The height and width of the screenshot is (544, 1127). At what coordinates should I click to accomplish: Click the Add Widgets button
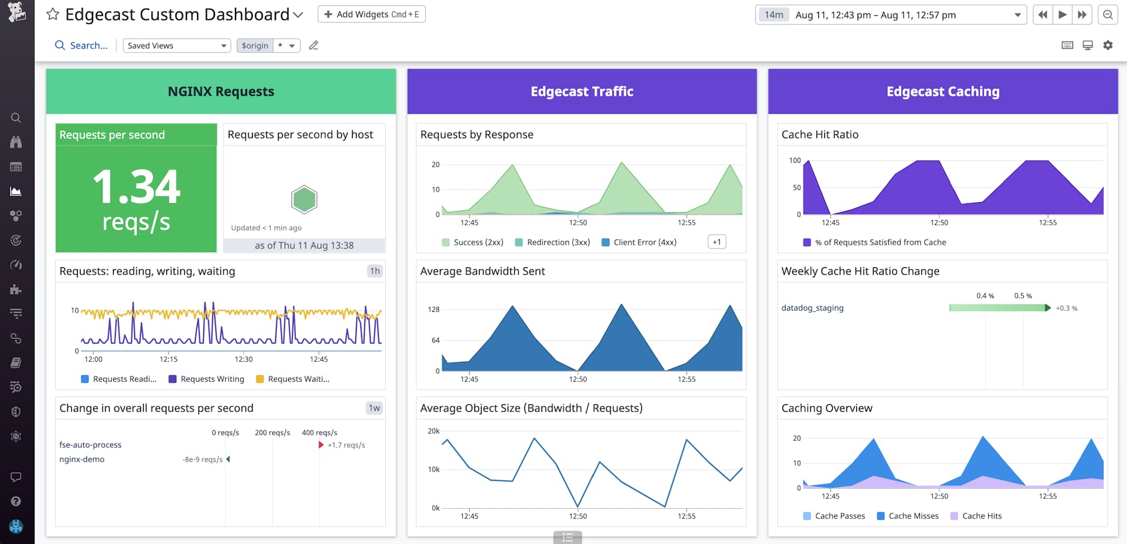(371, 14)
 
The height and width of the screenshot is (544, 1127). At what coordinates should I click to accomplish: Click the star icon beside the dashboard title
(53, 15)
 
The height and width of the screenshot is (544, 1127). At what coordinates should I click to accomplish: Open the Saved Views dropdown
(176, 45)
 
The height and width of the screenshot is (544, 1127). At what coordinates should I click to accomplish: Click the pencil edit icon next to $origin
(313, 45)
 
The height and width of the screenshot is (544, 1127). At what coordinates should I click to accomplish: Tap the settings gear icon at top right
(1108, 45)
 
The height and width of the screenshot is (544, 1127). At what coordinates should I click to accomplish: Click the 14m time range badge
(773, 15)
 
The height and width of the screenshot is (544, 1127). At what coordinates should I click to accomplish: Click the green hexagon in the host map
(304, 200)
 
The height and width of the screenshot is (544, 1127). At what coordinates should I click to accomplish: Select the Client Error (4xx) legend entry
(644, 242)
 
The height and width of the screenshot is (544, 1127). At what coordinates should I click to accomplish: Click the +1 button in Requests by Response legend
(717, 242)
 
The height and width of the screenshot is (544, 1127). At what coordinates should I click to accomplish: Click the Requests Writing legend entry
(212, 379)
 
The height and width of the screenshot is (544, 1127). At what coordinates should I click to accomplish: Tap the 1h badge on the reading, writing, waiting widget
(375, 271)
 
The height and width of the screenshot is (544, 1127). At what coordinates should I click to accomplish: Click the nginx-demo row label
(82, 460)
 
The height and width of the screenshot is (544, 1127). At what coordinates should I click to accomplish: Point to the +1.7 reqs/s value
(346, 445)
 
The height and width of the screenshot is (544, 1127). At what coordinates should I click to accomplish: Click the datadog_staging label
(812, 308)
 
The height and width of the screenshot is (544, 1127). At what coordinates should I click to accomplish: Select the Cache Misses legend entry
(913, 516)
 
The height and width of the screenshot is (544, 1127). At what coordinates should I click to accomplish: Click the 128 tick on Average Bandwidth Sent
(434, 309)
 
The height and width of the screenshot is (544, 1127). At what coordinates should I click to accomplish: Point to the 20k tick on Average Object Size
(434, 431)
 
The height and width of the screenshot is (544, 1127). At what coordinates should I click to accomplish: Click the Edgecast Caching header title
(943, 92)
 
